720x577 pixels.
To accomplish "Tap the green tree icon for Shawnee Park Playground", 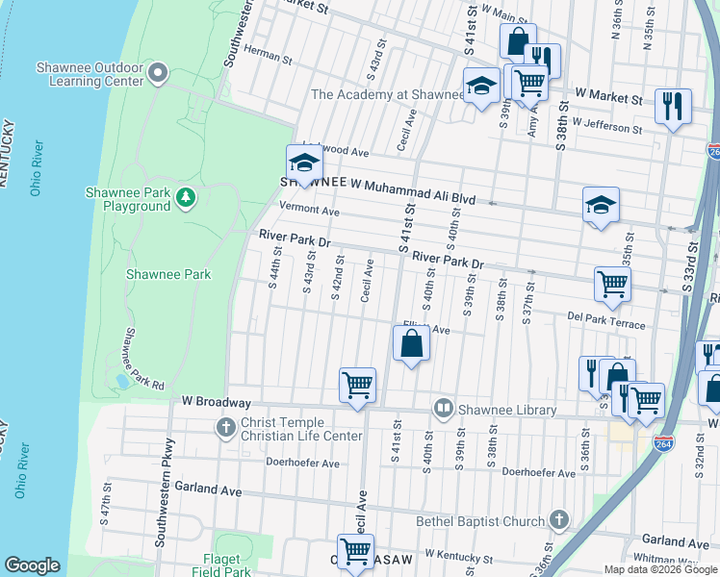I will tap(186, 199).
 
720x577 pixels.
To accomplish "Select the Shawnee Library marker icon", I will tap(444, 409).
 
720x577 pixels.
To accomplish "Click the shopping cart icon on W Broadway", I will tap(357, 386).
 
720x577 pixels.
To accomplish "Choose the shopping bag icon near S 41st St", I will tap(411, 343).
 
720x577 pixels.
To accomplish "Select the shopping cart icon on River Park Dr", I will tap(612, 284).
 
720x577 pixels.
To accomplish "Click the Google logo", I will tap(32, 565).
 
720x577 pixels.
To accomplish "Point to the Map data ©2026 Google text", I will tap(660, 569).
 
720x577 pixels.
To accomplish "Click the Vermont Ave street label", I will tap(310, 211).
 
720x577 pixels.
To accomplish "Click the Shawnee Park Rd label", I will tap(142, 358).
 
